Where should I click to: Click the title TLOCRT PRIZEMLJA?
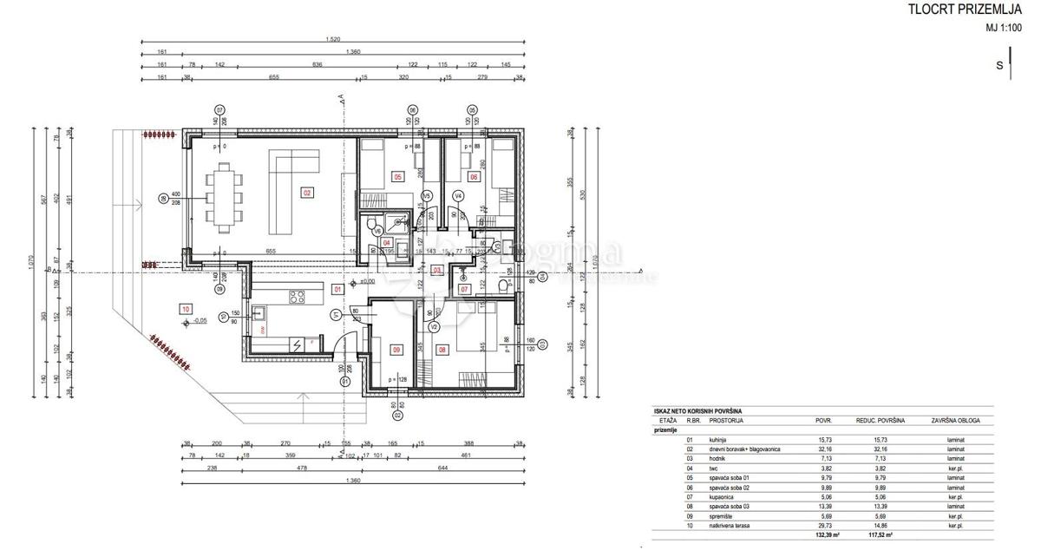[959, 10]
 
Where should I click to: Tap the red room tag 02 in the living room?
[306, 192]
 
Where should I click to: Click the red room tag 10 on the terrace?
[186, 309]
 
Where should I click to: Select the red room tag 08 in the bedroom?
[442, 351]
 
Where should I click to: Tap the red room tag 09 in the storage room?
[396, 351]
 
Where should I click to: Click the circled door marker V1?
[335, 315]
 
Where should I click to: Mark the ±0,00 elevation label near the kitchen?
[367, 281]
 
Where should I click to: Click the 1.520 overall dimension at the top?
[332, 40]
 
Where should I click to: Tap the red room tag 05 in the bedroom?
[398, 176]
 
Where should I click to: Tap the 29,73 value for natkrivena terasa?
[823, 526]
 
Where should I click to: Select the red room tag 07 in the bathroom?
[464, 288]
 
